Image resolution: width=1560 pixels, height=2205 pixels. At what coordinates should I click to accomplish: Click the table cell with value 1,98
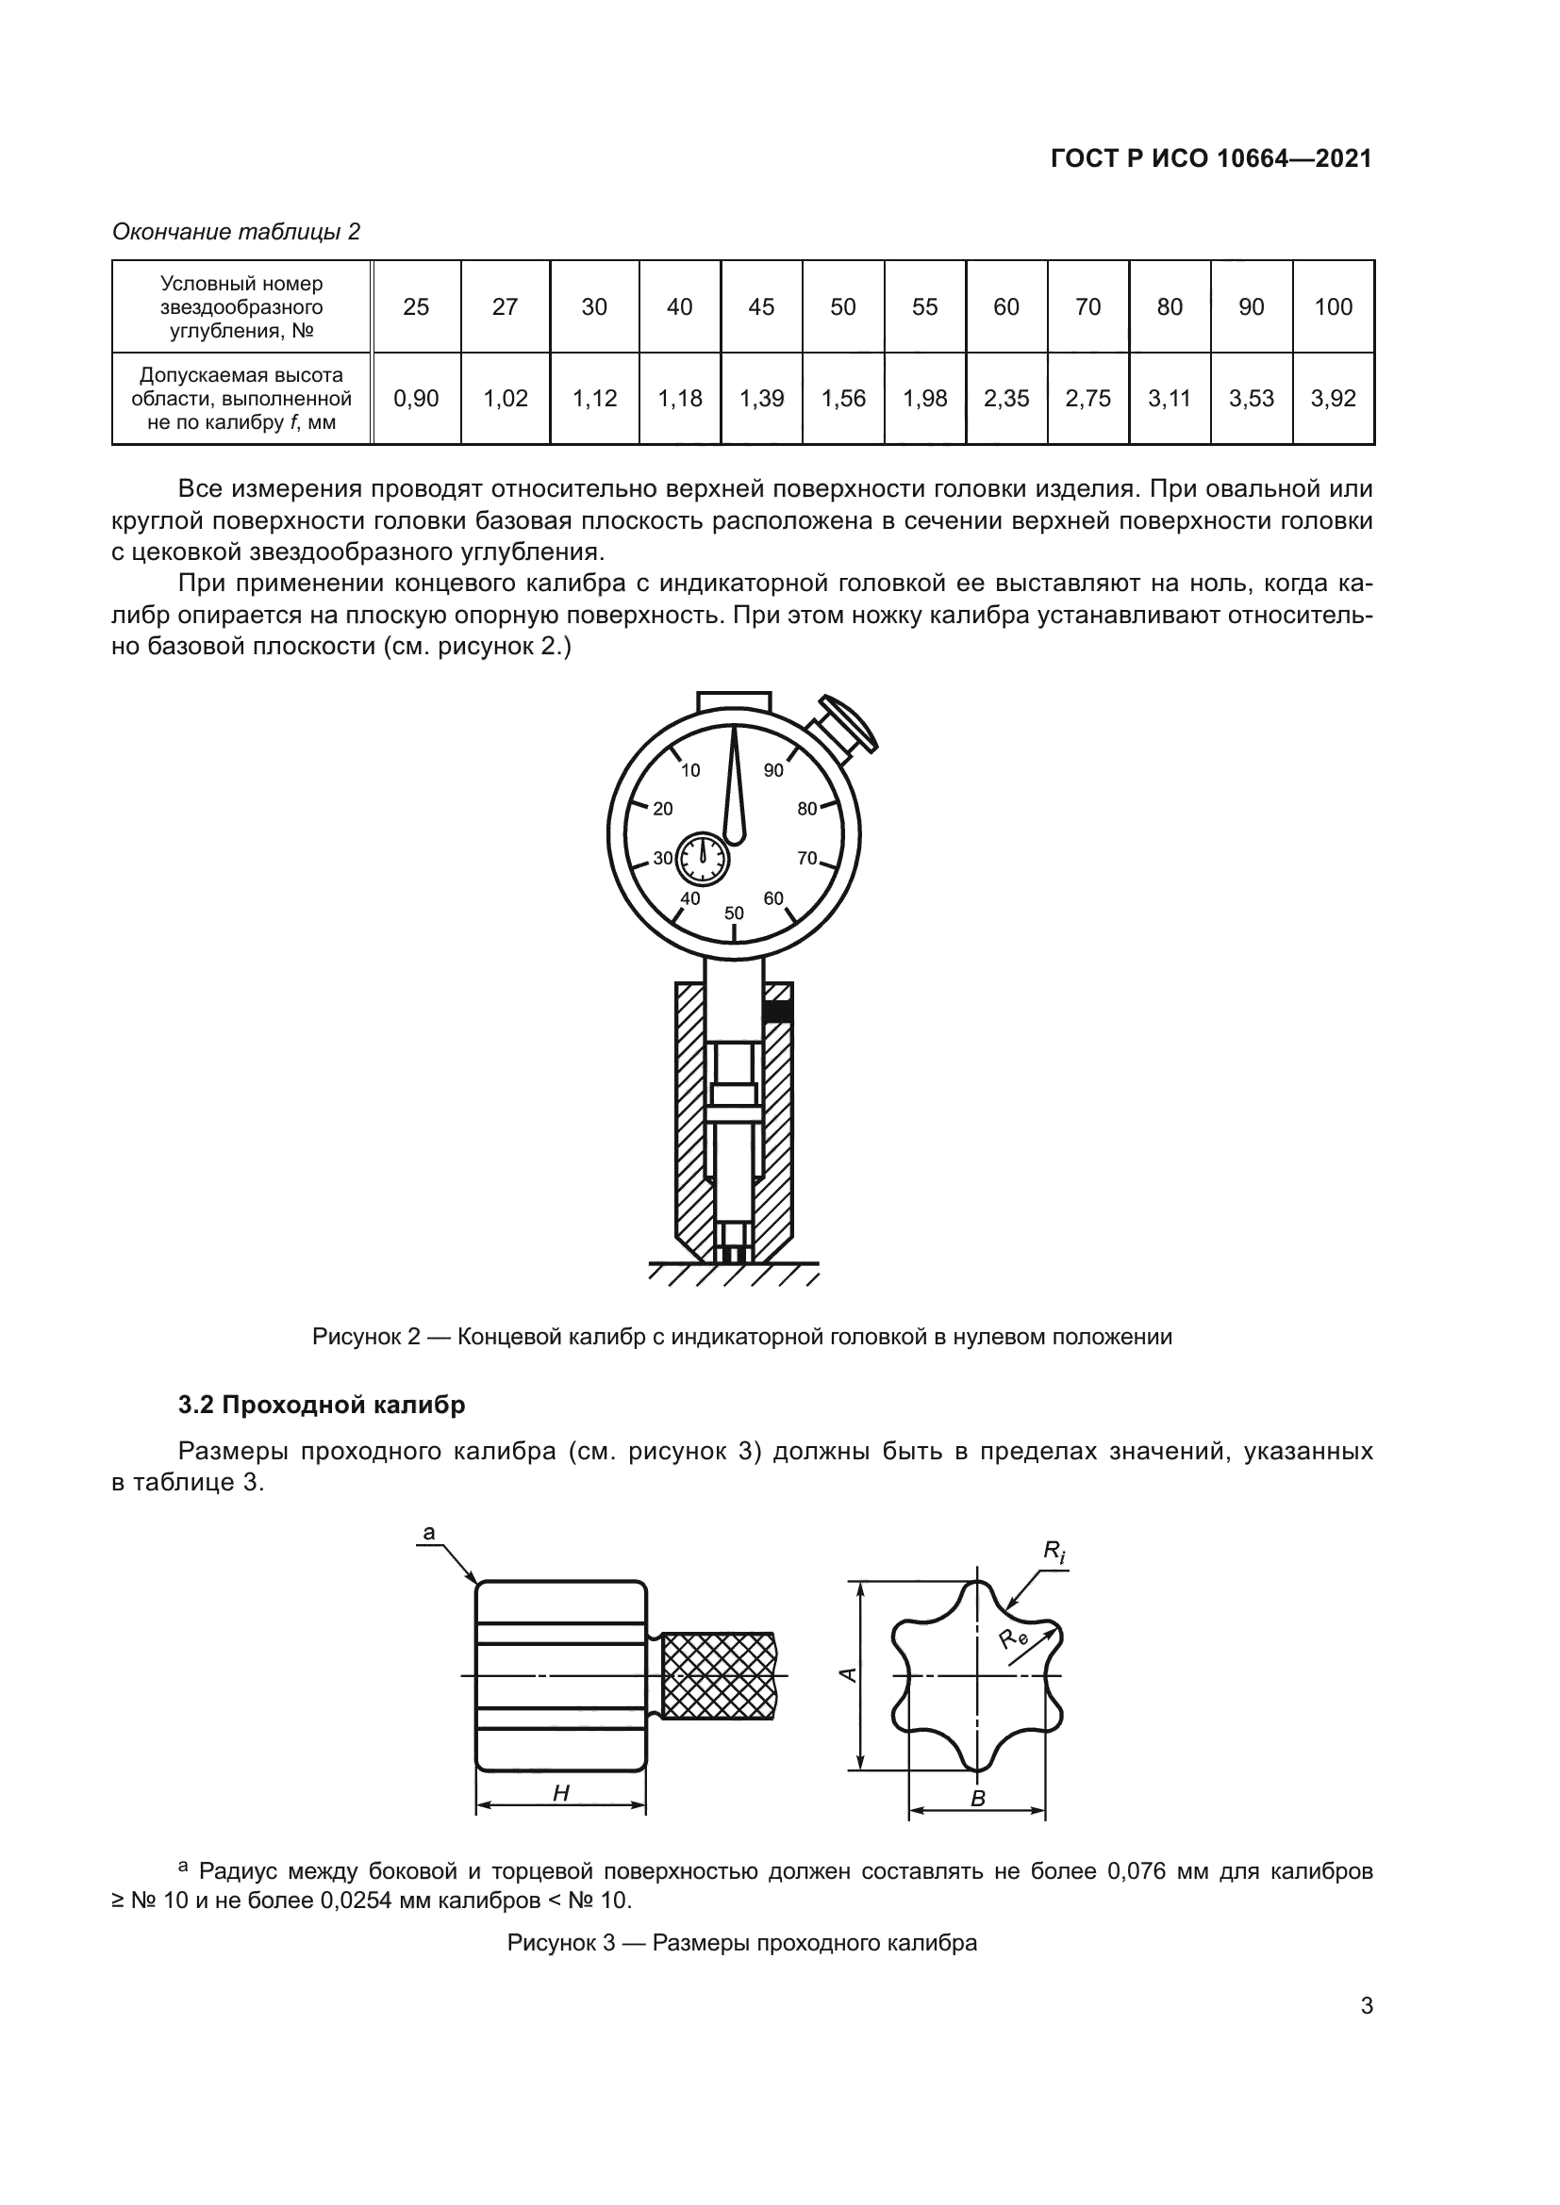[x=924, y=399]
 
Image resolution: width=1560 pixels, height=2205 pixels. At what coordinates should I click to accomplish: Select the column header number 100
[x=1333, y=307]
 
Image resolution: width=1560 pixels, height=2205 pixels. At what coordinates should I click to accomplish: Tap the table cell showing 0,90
[x=416, y=399]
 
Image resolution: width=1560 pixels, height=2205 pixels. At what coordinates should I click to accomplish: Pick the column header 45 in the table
[x=761, y=307]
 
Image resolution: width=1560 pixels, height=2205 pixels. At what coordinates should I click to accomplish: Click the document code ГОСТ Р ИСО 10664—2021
[x=1211, y=159]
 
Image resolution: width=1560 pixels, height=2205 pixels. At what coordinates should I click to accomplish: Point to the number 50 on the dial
[x=734, y=913]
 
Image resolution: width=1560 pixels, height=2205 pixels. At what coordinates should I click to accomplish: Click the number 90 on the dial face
[x=773, y=770]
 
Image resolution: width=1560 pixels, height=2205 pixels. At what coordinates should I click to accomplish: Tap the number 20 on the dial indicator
[x=663, y=809]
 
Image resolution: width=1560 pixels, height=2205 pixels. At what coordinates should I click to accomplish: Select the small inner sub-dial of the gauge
[x=704, y=859]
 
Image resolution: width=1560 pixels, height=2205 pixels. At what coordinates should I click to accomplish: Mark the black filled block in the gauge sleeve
[x=778, y=1012]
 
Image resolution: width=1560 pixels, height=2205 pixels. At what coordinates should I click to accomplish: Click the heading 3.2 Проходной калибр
[x=322, y=1405]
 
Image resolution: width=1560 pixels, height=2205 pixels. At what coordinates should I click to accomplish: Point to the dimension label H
[x=561, y=1793]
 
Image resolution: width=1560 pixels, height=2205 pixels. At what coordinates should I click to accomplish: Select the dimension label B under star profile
[x=978, y=1800]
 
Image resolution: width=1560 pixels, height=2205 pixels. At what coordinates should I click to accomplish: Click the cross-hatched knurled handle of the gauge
[x=719, y=1676]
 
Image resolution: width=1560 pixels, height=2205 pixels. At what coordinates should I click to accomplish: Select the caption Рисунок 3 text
[x=741, y=1944]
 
